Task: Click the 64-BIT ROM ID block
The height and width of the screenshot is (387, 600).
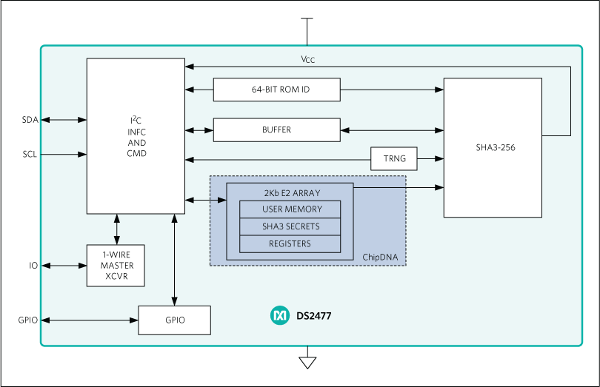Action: click(x=276, y=90)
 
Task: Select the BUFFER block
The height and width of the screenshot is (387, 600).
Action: click(x=276, y=129)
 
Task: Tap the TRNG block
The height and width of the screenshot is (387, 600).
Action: click(x=393, y=158)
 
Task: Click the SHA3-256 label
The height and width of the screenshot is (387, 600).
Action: click(x=496, y=147)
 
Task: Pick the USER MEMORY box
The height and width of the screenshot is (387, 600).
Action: click(x=290, y=209)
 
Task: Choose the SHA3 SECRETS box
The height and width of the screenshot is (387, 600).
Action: click(x=290, y=226)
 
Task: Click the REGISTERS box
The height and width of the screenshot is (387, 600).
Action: click(x=290, y=243)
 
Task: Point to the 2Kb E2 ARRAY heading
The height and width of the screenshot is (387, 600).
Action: click(x=290, y=192)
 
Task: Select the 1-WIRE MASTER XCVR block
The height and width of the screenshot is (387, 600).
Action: click(x=115, y=265)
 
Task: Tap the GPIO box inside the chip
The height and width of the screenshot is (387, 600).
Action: click(x=175, y=320)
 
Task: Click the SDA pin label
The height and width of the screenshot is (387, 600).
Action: click(x=30, y=120)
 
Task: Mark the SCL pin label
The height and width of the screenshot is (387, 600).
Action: click(x=30, y=155)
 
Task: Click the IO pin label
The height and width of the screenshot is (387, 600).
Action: click(x=33, y=265)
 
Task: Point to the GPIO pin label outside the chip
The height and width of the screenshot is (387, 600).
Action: click(x=28, y=320)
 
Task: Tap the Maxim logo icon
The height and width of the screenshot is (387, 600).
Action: click(x=279, y=316)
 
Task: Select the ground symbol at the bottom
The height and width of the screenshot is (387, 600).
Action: click(x=307, y=362)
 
